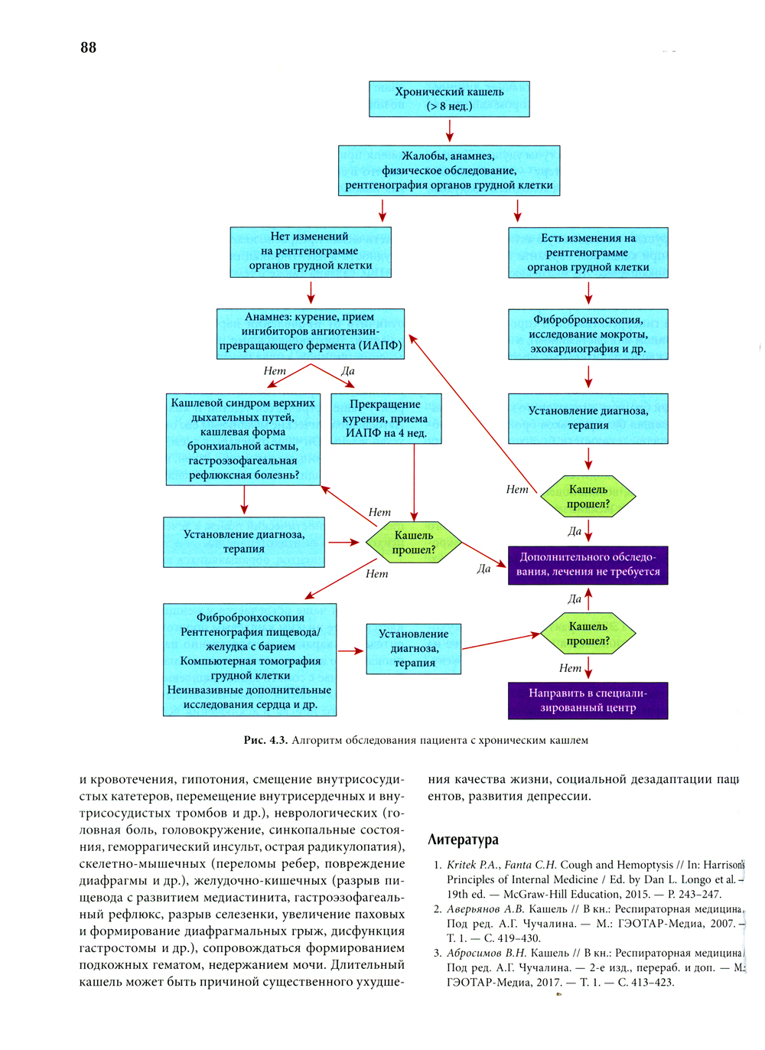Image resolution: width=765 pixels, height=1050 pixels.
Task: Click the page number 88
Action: (x=88, y=47)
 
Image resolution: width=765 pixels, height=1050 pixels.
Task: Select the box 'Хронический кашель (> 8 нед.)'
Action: (x=449, y=99)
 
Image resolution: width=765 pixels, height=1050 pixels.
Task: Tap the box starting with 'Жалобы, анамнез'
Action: (x=449, y=171)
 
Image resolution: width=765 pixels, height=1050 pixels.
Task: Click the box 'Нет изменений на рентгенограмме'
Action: (x=311, y=252)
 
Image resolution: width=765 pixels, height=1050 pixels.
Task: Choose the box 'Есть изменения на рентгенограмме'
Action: (x=588, y=253)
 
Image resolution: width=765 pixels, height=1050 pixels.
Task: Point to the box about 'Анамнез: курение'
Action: (x=311, y=333)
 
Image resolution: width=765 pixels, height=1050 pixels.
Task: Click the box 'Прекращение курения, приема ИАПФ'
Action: (x=386, y=419)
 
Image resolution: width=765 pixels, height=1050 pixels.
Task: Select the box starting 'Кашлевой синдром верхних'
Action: (x=243, y=439)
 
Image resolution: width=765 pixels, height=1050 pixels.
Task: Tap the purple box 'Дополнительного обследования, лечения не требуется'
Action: (x=588, y=565)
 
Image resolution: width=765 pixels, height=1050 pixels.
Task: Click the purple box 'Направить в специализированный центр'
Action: (x=588, y=700)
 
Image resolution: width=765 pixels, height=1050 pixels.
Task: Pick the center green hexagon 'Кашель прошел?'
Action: (x=414, y=543)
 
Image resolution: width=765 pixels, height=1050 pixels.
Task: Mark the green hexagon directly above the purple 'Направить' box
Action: (x=588, y=634)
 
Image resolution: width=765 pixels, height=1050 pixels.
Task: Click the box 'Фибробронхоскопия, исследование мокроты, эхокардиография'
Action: (x=588, y=334)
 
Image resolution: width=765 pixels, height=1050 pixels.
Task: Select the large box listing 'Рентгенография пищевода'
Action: (x=249, y=660)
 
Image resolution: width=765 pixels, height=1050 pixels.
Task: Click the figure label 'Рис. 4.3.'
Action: (x=265, y=740)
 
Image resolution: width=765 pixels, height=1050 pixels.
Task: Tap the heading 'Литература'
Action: (x=463, y=840)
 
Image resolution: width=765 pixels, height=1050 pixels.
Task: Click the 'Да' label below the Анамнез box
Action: (x=348, y=371)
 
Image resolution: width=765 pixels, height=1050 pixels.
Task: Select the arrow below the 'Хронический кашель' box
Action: (x=449, y=130)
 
